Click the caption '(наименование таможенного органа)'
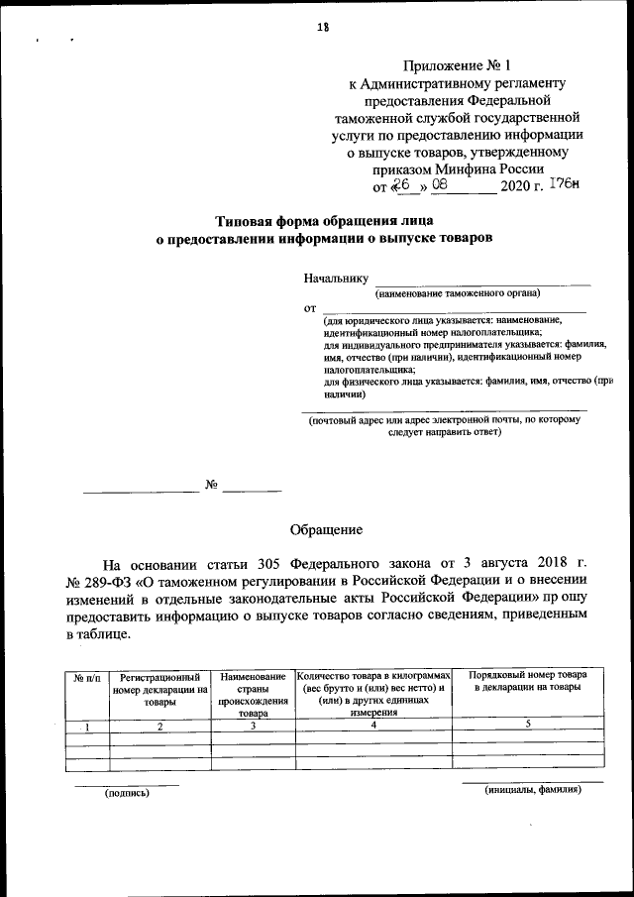coord(457,293)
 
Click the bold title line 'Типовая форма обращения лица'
coord(324,220)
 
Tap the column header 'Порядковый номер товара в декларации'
coord(527,681)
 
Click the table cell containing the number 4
coord(373,726)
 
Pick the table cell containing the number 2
coord(159,727)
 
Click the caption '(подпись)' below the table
coord(127,792)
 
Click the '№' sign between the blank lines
coord(211,486)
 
